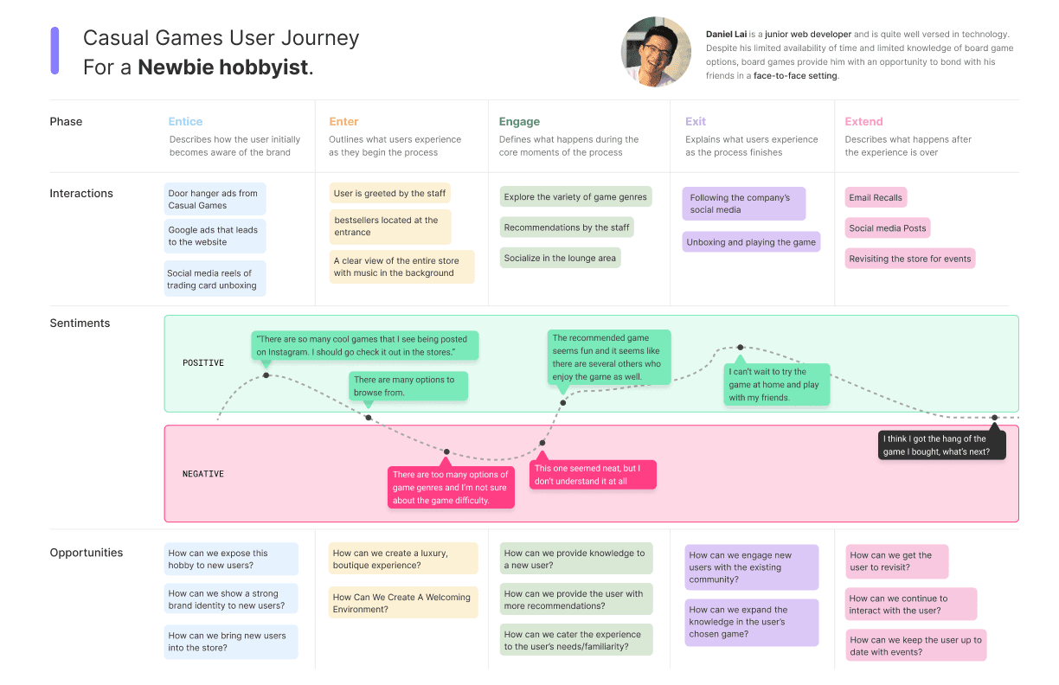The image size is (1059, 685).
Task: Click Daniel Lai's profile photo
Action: click(656, 52)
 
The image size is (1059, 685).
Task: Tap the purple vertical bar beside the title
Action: click(55, 50)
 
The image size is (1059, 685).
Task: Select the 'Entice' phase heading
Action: click(185, 122)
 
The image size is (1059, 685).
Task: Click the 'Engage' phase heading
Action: click(519, 122)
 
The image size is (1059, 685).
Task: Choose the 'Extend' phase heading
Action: click(863, 122)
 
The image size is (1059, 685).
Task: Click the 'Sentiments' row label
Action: click(80, 323)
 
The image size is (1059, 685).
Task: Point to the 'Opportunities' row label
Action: click(87, 553)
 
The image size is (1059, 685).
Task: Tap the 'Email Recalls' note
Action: click(876, 198)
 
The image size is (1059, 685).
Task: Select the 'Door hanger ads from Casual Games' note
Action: click(215, 199)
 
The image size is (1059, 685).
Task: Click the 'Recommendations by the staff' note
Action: click(567, 227)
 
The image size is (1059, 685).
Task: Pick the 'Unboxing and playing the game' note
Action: click(751, 242)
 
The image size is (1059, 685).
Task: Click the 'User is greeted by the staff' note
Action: click(389, 194)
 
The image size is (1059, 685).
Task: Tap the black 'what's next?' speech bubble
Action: click(941, 445)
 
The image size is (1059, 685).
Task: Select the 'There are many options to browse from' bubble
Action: click(408, 387)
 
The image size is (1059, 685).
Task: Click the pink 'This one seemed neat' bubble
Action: click(593, 475)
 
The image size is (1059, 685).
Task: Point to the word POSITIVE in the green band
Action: click(203, 363)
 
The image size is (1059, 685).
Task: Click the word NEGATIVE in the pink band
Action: click(203, 474)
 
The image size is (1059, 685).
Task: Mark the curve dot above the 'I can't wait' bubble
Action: click(740, 348)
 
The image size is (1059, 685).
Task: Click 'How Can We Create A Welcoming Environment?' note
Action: click(402, 603)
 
